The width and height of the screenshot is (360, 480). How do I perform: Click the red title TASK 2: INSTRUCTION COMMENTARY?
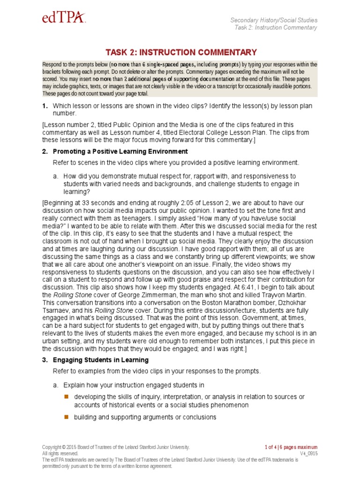tap(181, 52)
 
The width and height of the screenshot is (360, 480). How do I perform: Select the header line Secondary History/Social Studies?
tap(274, 20)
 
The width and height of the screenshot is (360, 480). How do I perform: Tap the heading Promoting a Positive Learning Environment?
tap(120, 151)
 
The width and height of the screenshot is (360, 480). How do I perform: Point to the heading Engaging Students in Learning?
tap(101, 360)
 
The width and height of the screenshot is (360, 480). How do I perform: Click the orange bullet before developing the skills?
tap(66, 397)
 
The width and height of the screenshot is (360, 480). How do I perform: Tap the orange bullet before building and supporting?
tap(66, 417)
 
